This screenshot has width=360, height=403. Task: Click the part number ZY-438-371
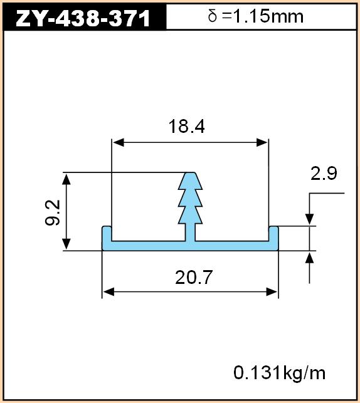tap(83, 18)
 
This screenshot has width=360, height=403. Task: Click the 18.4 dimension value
tap(186, 127)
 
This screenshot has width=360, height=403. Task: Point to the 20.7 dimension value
tap(194, 277)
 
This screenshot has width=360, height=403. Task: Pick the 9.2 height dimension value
tap(53, 213)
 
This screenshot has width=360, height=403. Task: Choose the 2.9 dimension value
tap(324, 173)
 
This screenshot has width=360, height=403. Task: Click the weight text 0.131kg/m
tap(279, 373)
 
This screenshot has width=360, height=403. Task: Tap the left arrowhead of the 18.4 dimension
tap(119, 142)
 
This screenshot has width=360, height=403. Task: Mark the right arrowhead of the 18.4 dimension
tap(262, 142)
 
